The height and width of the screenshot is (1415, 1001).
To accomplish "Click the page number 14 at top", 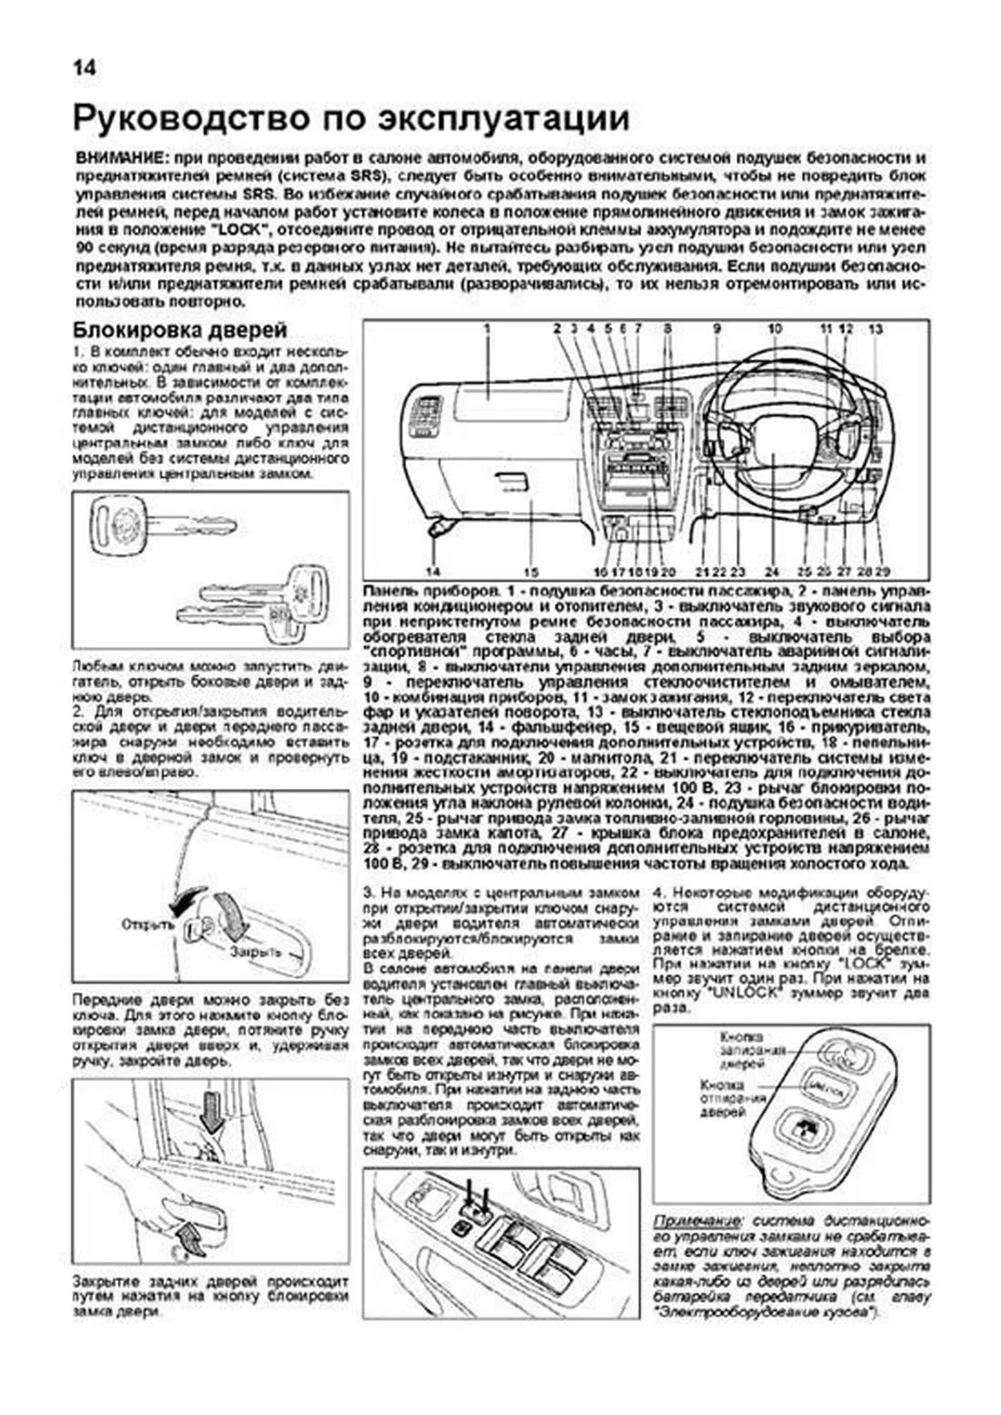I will pyautogui.click(x=84, y=68).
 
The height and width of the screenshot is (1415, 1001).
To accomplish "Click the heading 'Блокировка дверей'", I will pyautogui.click(x=180, y=330).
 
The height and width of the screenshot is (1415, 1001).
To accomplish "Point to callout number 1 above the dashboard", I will pyautogui.click(x=485, y=330).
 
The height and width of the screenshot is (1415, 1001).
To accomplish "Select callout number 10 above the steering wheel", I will pyautogui.click(x=775, y=330).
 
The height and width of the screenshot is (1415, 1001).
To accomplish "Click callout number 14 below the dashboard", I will pyautogui.click(x=432, y=572).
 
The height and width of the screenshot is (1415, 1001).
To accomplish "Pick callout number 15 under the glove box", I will pyautogui.click(x=531, y=572).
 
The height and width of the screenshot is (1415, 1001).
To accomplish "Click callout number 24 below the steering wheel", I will pyautogui.click(x=772, y=572).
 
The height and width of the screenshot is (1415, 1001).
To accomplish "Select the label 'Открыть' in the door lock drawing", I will pyautogui.click(x=147, y=925).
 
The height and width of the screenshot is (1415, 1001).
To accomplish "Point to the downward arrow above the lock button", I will pyautogui.click(x=211, y=1113).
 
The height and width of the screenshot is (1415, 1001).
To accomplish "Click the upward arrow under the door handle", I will pyautogui.click(x=191, y=1240).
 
